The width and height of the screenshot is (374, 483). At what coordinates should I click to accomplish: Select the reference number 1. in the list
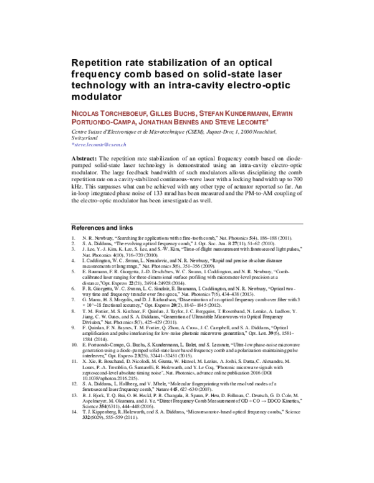[74, 239]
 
